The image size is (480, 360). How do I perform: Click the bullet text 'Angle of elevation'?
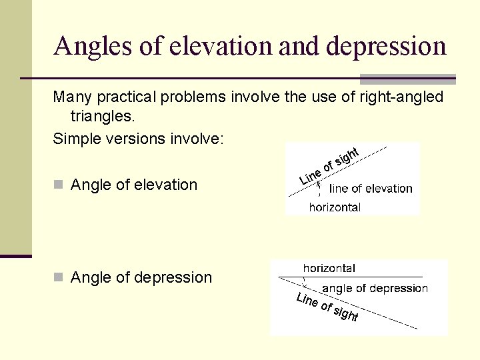pyautogui.click(x=134, y=185)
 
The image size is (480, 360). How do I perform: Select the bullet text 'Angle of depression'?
pyautogui.click(x=141, y=277)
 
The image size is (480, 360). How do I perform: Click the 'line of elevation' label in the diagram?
pyautogui.click(x=371, y=189)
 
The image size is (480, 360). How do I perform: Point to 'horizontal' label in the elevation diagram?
pyautogui.click(x=335, y=207)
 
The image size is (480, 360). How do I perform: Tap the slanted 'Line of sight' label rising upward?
pyautogui.click(x=329, y=166)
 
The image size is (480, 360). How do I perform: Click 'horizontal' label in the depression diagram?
pyautogui.click(x=329, y=268)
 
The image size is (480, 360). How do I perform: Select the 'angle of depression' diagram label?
pyautogui.click(x=375, y=289)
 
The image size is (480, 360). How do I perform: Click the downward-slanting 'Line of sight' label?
pyautogui.click(x=327, y=307)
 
